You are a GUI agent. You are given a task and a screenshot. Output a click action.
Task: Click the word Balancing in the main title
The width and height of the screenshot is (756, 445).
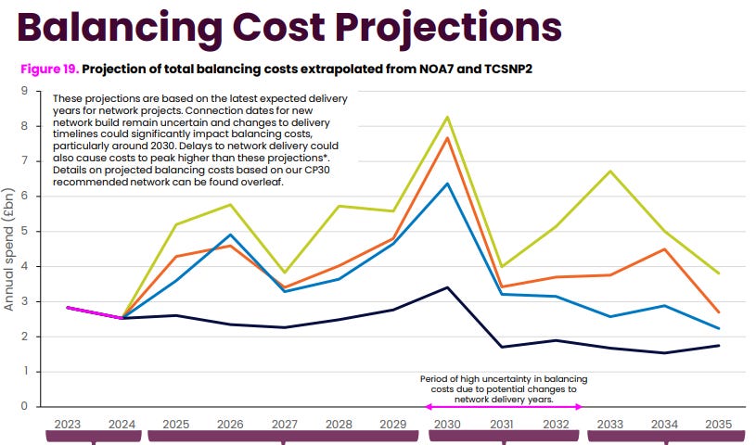(157, 26)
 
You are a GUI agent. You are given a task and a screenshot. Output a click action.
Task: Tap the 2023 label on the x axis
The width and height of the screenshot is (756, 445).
(67, 424)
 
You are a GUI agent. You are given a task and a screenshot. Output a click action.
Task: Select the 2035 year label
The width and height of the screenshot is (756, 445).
(718, 424)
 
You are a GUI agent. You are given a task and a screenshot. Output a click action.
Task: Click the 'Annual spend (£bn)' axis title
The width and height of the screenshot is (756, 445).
(9, 248)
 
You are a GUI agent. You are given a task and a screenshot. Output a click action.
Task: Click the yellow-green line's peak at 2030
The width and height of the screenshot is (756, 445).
(449, 117)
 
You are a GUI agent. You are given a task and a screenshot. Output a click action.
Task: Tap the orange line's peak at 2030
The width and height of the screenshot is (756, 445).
(449, 138)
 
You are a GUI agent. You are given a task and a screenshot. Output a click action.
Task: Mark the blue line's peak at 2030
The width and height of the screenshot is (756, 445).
(449, 184)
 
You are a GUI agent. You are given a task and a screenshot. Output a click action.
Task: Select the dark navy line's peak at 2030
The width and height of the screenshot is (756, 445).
(449, 287)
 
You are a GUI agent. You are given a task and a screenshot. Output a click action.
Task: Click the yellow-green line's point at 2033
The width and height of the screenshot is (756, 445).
(609, 172)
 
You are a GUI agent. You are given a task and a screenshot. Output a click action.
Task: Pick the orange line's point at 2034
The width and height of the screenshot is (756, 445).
(663, 248)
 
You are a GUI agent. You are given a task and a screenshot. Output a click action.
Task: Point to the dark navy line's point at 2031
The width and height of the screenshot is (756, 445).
(502, 347)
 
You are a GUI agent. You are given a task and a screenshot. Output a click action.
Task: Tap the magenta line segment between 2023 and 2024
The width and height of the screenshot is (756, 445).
(95, 312)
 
